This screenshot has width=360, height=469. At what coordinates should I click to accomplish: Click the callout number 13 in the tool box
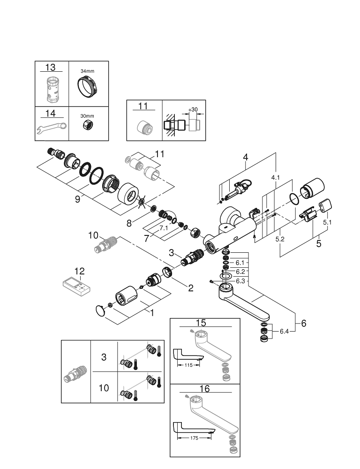(x=52, y=67)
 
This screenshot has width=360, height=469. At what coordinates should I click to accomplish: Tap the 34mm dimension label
(x=87, y=70)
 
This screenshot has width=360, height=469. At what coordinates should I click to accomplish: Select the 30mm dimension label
(x=87, y=114)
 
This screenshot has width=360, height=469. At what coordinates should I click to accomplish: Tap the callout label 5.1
(x=328, y=222)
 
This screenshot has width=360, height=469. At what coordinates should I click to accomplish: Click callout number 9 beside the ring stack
(x=78, y=199)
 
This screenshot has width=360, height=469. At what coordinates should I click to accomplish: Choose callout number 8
(x=129, y=224)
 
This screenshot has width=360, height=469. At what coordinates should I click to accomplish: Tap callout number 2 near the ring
(x=190, y=288)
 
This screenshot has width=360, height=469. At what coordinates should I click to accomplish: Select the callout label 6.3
(x=241, y=281)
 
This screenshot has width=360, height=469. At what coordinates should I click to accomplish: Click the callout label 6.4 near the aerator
(x=285, y=331)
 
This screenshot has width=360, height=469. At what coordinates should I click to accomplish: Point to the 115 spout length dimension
(x=189, y=365)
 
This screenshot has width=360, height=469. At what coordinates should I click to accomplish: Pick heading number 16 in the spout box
(x=204, y=388)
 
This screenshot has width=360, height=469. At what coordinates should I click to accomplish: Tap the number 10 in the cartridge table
(x=104, y=388)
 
